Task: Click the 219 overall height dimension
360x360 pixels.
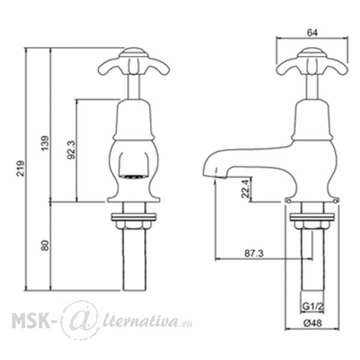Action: (21, 169)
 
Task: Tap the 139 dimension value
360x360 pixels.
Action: (45, 143)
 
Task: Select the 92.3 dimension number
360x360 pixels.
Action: (71, 150)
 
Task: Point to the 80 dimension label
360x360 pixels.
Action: (45, 245)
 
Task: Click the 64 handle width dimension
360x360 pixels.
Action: (312, 33)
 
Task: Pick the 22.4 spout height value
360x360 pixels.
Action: (245, 189)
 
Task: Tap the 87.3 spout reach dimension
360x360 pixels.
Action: (254, 253)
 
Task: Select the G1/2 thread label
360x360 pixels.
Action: (313, 306)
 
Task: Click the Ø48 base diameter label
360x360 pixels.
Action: (313, 323)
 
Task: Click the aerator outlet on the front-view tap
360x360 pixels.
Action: (133, 176)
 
